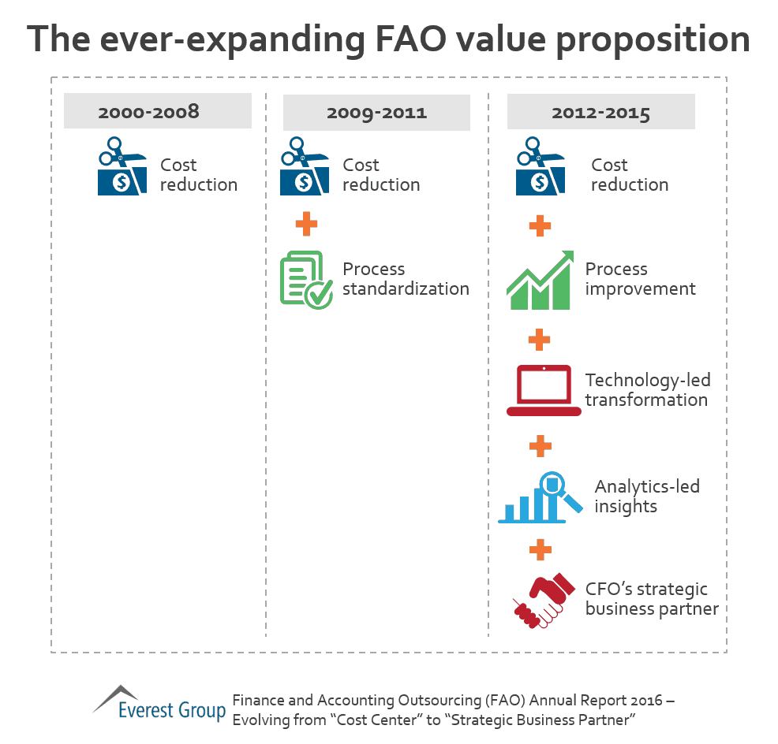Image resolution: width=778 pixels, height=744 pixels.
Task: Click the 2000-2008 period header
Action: click(x=157, y=111)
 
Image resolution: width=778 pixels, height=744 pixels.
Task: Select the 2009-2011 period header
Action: click(x=376, y=112)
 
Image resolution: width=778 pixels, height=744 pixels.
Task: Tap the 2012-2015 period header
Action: click(x=600, y=112)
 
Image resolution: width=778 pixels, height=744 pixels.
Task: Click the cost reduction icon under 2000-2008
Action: click(x=122, y=168)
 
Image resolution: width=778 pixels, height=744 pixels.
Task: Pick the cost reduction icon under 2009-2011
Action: click(x=305, y=168)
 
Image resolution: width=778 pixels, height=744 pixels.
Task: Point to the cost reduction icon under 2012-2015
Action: click(x=540, y=168)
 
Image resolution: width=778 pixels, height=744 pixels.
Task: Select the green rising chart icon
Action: click(x=540, y=279)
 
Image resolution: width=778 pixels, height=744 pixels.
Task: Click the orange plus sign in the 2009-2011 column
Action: click(x=306, y=224)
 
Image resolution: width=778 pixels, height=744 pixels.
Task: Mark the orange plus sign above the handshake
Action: click(x=540, y=549)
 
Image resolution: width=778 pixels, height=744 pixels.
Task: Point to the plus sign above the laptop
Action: click(x=540, y=340)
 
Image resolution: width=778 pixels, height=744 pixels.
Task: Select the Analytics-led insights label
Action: click(x=646, y=497)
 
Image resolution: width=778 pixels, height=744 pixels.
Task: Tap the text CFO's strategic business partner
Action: click(x=651, y=600)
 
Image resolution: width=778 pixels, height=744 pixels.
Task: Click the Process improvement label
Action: click(x=640, y=279)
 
